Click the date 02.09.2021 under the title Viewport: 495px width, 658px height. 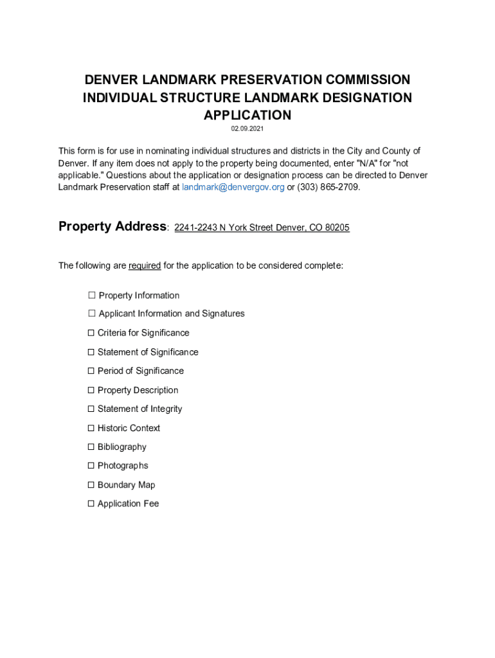248,129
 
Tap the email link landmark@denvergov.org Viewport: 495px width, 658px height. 233,187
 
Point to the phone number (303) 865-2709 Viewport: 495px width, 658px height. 328,187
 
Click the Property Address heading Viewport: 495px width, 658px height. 113,227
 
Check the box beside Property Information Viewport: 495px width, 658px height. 92,296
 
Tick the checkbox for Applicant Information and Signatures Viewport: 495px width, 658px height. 92,314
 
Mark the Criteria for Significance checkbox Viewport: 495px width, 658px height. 91,333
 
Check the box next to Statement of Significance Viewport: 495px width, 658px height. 91,352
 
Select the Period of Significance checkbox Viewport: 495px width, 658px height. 91,371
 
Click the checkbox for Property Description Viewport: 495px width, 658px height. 91,390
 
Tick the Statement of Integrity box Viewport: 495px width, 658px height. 91,409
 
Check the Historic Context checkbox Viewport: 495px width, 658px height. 91,428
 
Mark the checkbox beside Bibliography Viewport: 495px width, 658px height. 91,447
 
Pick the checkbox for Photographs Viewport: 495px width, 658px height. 91,465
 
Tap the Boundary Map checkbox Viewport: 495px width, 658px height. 91,485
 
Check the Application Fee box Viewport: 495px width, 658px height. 91,504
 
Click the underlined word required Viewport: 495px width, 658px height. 145,266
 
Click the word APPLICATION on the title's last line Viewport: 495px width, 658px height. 248,116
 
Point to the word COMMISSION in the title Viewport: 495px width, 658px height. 368,80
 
